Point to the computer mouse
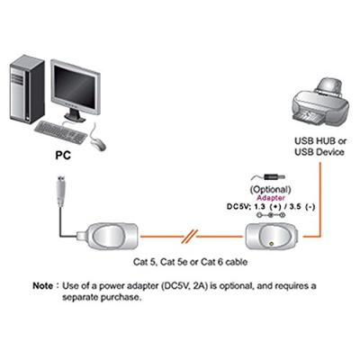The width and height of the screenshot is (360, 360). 97,142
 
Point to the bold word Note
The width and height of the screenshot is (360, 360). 43,285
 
